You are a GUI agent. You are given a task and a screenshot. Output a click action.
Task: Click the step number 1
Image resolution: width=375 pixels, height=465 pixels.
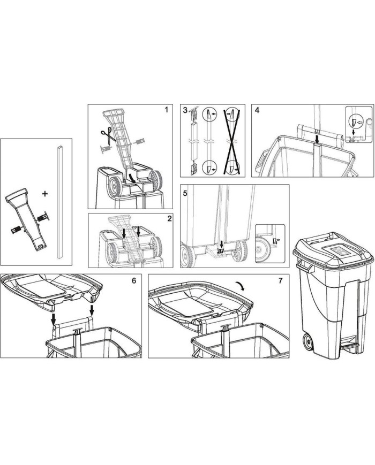pos(166,110)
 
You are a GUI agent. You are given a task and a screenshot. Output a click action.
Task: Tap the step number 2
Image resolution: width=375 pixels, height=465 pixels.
pos(169,219)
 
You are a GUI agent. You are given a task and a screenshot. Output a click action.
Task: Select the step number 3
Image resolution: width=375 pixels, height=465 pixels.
pos(185,110)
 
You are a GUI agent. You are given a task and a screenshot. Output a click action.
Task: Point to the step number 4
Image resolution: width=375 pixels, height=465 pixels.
pos(257,110)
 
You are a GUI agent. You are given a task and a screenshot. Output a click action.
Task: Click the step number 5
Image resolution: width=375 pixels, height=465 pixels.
pos(185,193)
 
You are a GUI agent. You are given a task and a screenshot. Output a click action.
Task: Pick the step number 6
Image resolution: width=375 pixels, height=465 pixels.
pos(133,280)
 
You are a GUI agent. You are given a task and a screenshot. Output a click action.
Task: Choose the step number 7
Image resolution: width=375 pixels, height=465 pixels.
pos(281,280)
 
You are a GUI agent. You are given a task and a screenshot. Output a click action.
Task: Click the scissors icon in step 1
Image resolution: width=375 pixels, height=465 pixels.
pos(108,136)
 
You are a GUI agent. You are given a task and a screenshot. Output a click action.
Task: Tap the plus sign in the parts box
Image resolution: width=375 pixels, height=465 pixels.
pos(45,194)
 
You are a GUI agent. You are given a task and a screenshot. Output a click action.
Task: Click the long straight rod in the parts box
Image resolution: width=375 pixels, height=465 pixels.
pos(61,203)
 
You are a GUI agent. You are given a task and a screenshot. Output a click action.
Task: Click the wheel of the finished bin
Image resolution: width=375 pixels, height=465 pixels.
pos(308,342)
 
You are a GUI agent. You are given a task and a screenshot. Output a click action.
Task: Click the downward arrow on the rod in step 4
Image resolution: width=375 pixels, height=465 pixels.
pos(317,139)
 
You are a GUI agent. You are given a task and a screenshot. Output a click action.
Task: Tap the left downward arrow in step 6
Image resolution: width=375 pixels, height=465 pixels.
pos(53,319)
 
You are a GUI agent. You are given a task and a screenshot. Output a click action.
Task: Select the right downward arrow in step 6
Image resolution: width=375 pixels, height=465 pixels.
pos(92,310)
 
